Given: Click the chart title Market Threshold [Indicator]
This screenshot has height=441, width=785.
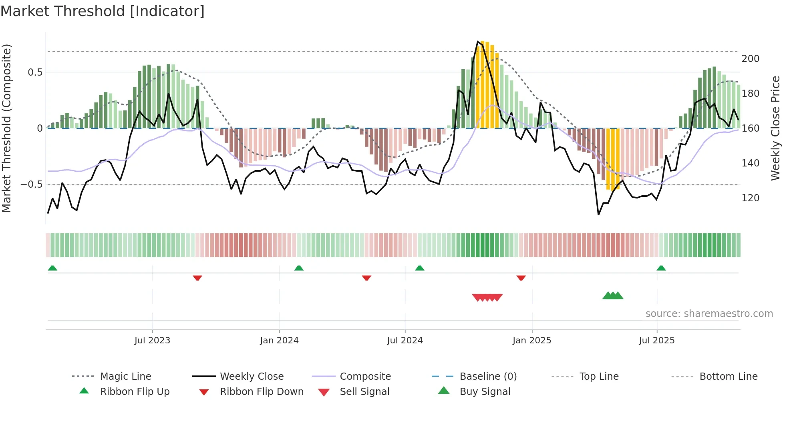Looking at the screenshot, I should (103, 11).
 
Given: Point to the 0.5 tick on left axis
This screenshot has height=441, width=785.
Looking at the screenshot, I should (35, 72).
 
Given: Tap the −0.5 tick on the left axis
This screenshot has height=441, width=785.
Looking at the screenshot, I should (31, 184).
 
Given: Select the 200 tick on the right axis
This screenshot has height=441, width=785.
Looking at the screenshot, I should (750, 59).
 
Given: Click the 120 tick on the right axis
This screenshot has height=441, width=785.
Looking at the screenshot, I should (750, 198).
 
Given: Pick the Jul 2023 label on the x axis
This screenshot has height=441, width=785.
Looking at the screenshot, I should (152, 341).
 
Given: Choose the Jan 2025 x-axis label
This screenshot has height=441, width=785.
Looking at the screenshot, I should (531, 341).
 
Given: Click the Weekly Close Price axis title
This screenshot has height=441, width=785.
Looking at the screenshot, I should (775, 128).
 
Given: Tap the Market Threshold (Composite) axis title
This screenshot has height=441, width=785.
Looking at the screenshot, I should (6, 128).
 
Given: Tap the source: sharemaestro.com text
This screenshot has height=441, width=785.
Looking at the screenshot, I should (709, 314).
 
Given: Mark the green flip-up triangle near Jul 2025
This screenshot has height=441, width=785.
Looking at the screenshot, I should (661, 268).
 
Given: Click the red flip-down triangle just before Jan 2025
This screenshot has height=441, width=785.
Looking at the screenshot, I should (521, 278).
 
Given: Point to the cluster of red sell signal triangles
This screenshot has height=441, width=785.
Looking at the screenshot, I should (487, 297).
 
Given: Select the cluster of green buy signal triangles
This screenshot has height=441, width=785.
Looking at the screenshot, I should (613, 296).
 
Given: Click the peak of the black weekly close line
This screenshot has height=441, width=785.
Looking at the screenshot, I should (478, 42).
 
